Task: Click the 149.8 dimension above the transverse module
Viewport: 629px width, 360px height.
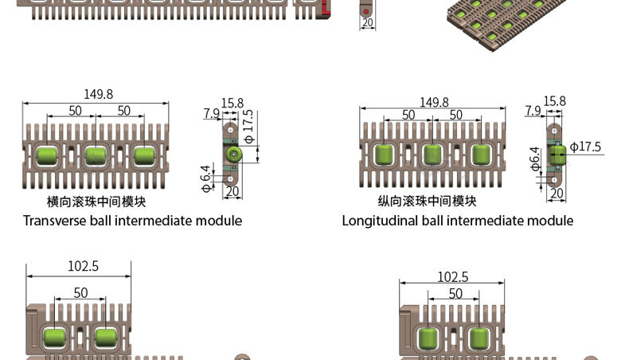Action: (98, 94)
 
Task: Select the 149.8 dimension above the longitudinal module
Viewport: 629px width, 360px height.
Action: (434, 102)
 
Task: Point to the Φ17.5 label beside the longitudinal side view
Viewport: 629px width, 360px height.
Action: (585, 147)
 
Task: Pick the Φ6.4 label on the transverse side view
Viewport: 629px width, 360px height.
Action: (205, 178)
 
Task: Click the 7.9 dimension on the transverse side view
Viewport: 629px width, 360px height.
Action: (212, 113)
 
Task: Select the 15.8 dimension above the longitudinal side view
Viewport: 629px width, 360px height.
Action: (554, 101)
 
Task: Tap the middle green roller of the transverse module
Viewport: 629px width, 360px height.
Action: (96, 156)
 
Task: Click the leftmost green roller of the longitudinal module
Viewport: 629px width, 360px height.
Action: (385, 155)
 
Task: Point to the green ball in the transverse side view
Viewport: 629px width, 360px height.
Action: (233, 154)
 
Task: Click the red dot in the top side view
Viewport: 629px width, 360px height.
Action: (365, 12)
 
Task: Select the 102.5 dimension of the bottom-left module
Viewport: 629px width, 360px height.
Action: (83, 266)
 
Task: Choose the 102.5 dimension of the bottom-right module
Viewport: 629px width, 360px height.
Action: (452, 277)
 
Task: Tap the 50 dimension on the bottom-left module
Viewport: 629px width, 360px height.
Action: (80, 293)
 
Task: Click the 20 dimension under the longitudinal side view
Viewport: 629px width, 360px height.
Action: (557, 194)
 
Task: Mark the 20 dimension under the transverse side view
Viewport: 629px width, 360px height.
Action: (232, 191)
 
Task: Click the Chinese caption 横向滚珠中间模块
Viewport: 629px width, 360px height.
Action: (96, 202)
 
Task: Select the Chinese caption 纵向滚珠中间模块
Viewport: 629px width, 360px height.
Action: (428, 201)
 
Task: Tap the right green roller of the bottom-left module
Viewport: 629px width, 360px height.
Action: (106, 338)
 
